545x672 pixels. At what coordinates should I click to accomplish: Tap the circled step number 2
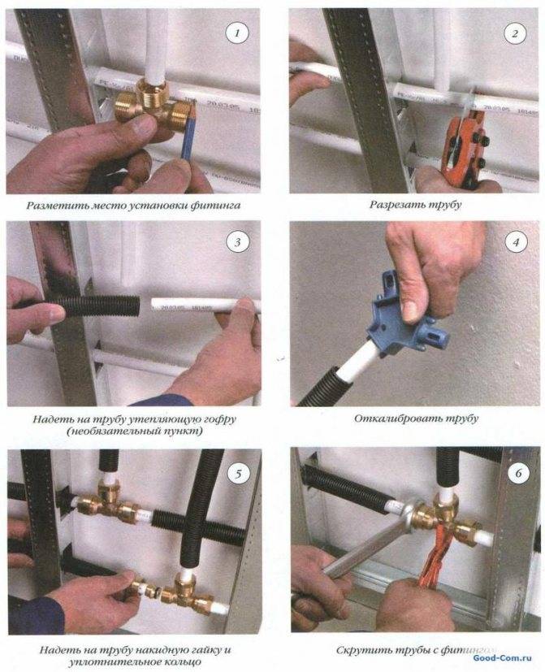pyautogui.click(x=513, y=34)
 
